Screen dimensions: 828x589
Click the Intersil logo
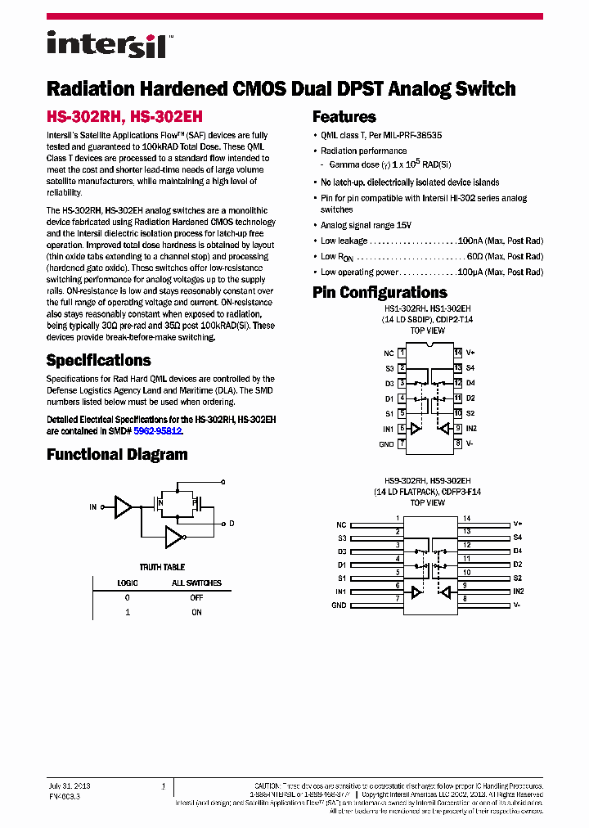click(x=111, y=44)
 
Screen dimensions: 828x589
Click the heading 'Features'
click(x=344, y=117)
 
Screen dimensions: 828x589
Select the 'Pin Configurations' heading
click(x=380, y=293)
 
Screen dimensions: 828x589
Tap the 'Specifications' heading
click(x=98, y=361)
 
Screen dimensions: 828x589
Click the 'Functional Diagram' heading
click(x=117, y=455)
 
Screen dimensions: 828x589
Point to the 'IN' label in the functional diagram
click(x=92, y=507)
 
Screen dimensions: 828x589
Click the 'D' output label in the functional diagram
click(x=232, y=523)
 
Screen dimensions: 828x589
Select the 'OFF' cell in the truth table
click(x=196, y=597)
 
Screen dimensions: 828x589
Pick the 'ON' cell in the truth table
click(x=196, y=612)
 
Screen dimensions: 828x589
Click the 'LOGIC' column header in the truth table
click(x=127, y=583)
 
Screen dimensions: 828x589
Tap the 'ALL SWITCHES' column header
click(x=196, y=583)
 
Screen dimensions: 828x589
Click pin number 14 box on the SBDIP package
click(x=458, y=353)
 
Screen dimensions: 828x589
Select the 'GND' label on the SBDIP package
click(x=386, y=444)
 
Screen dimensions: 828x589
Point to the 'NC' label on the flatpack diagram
click(x=341, y=524)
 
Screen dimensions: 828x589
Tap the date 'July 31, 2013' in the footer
click(x=70, y=785)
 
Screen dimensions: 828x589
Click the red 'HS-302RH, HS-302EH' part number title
click(x=124, y=117)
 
